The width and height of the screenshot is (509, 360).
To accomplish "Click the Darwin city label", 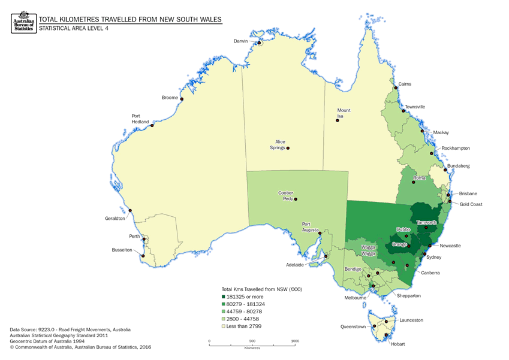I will pyautogui.click(x=241, y=41).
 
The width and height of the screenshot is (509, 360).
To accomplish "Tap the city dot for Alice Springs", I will pyautogui.click(x=288, y=148).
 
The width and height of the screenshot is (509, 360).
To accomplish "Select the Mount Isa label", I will pyautogui.click(x=344, y=113).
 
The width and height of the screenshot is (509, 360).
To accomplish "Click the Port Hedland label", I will pyautogui.click(x=140, y=119).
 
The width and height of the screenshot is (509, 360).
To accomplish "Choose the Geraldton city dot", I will pyautogui.click(x=130, y=210).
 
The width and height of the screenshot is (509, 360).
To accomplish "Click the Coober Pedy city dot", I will pyautogui.click(x=296, y=199).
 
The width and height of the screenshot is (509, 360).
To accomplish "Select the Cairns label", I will pyautogui.click(x=405, y=84).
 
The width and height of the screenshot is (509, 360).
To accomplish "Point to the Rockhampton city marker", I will pyautogui.click(x=431, y=154).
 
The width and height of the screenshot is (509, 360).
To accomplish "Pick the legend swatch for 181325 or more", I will pyautogui.click(x=224, y=297).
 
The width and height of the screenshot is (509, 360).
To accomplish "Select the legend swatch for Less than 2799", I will pyautogui.click(x=224, y=326).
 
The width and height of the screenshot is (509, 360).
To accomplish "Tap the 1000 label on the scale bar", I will pyautogui.click(x=295, y=341).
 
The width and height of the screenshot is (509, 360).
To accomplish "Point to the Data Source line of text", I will pyautogui.click(x=70, y=329).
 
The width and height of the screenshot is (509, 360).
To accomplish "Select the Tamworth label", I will pyautogui.click(x=426, y=222).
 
